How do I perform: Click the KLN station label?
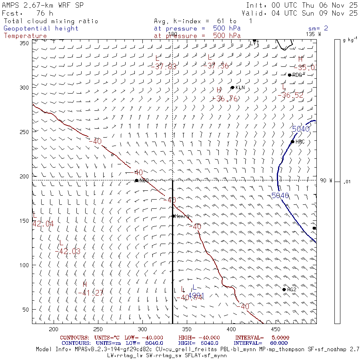pyautogui.click(x=240, y=88)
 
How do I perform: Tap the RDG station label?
pyautogui.click(x=297, y=75)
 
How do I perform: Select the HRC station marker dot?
pyautogui.click(x=292, y=142)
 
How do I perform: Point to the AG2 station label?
pyautogui.click(x=292, y=290)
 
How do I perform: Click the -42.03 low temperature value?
pyautogui.click(x=67, y=251)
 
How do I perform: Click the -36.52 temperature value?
pyautogui.click(x=290, y=95)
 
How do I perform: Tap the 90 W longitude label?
pyautogui.click(x=326, y=180)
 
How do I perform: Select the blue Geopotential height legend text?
pyautogui.click(x=41, y=28)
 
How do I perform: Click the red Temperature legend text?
pyautogui.click(x=25, y=36)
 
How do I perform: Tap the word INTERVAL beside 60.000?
pyautogui.click(x=248, y=343)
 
